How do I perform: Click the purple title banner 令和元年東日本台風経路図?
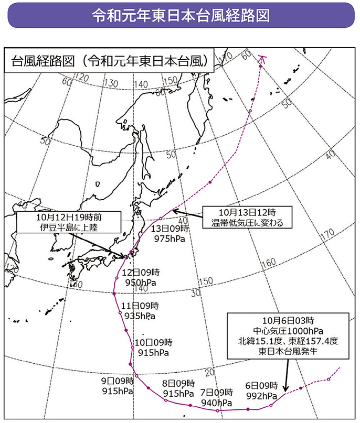click(180, 16)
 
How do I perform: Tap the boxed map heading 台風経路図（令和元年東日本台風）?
click(110, 60)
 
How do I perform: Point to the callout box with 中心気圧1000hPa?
click(287, 335)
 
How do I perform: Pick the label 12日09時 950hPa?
click(140, 278)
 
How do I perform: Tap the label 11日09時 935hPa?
click(140, 311)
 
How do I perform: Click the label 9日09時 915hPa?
click(117, 386)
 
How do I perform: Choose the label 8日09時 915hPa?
click(178, 388)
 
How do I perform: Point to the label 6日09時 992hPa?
click(262, 391)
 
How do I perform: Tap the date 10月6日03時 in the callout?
click(287, 320)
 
